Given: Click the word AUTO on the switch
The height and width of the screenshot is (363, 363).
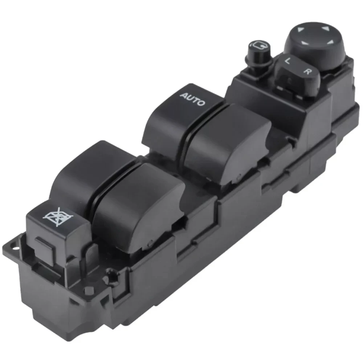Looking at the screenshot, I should point(192,99).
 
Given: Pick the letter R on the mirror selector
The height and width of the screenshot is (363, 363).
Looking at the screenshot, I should point(307,71).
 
